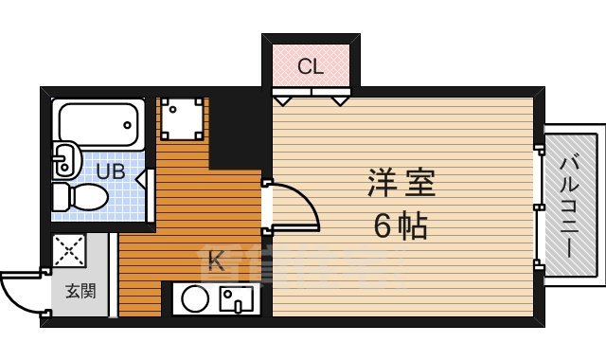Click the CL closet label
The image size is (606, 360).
pyautogui.click(x=311, y=66)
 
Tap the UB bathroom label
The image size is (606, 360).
pyautogui.click(x=111, y=171)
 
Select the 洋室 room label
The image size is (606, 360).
pyautogui.click(x=401, y=183)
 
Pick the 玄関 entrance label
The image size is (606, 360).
pyautogui.click(x=80, y=292)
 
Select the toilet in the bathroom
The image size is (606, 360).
pyautogui.click(x=80, y=198)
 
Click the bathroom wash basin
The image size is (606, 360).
pyautogui.click(x=65, y=159)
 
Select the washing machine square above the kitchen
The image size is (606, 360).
pyautogui.click(x=180, y=118)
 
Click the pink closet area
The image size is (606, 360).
pyautogui.click(x=311, y=64)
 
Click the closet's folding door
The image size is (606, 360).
pyautogui.click(x=311, y=96)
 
